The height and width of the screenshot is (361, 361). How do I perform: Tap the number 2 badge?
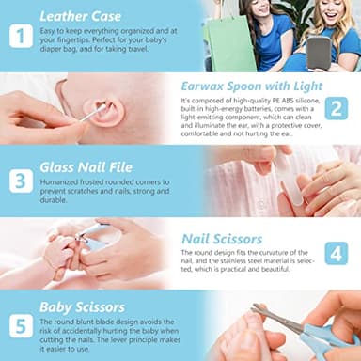[x=337, y=109]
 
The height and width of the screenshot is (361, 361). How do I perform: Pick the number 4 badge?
[x=337, y=253]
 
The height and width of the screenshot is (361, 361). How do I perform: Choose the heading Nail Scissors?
[x=224, y=239]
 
